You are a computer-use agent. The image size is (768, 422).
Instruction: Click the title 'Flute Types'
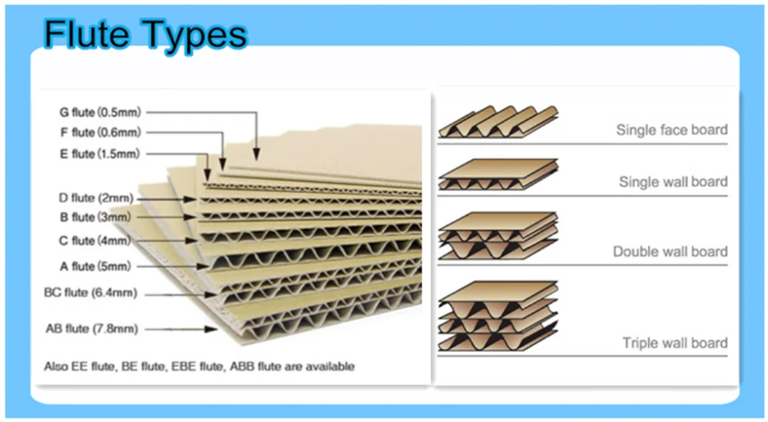(x=145, y=34)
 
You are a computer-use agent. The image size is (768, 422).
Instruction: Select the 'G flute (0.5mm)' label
(x=99, y=112)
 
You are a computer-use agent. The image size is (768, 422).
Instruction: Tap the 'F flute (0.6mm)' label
(x=99, y=132)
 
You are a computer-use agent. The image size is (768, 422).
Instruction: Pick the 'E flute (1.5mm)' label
(x=100, y=154)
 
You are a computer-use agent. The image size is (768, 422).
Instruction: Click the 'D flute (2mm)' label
(x=95, y=198)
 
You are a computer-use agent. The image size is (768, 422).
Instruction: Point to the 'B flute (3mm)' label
(x=95, y=218)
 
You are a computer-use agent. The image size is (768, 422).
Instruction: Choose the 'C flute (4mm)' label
(x=95, y=241)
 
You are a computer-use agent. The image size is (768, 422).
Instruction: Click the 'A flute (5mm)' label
(x=95, y=266)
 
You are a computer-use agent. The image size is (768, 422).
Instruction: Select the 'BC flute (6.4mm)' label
(x=90, y=293)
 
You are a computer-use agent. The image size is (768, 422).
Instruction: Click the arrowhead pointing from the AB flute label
(x=210, y=330)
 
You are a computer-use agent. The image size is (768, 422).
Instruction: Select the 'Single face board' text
(x=671, y=130)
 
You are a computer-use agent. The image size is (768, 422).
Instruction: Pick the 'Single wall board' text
(x=673, y=182)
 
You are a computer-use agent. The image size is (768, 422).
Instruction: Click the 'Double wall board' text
(x=670, y=251)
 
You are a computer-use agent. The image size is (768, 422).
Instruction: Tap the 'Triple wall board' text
(x=674, y=343)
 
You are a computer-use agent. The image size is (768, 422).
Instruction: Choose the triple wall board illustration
(x=498, y=317)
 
